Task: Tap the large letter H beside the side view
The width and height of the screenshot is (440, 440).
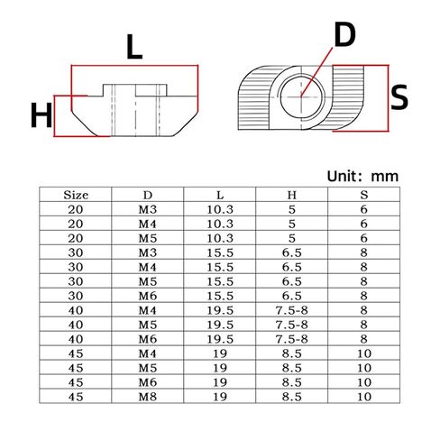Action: coord(40,115)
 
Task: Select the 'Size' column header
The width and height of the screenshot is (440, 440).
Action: coord(76,194)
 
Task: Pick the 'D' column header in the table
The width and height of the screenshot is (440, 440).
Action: coord(148,194)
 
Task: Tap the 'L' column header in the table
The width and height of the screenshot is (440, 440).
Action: coord(220,194)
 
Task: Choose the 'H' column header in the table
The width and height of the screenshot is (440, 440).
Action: coord(291,194)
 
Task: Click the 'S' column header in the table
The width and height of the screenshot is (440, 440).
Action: coord(362,194)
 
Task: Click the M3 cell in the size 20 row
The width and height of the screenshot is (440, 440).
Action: coord(148,210)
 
